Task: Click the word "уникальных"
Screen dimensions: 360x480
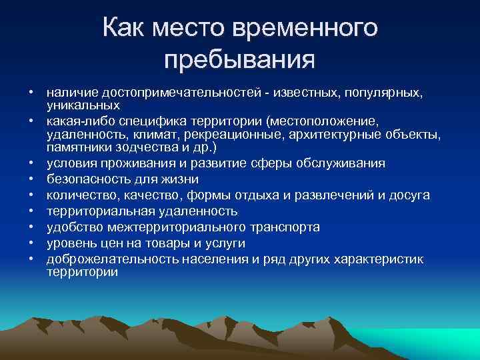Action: [83, 105]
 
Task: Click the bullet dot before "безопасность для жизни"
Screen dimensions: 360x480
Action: [31, 179]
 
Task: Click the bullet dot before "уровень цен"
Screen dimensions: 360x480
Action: [31, 243]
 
